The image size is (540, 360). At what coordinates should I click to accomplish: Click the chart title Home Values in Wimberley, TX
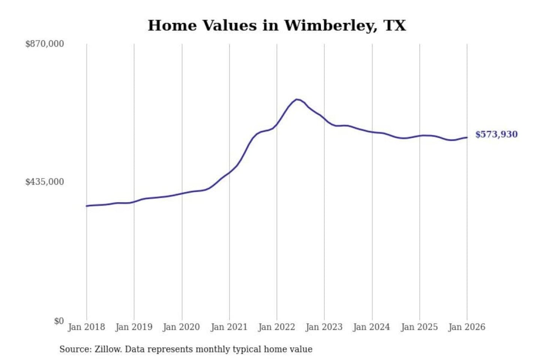tap(277, 25)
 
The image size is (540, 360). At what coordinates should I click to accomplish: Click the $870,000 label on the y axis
tap(45, 44)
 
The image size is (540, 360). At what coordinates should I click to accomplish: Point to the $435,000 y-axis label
tap(45, 182)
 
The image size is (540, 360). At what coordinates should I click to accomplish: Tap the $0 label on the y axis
tap(59, 321)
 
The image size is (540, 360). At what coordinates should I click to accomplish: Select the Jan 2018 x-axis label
tap(86, 327)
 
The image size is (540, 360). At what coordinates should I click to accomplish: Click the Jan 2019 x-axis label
tap(134, 327)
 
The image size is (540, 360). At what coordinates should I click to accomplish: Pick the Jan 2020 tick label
tap(181, 327)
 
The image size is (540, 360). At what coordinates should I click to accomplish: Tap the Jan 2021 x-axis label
tap(229, 327)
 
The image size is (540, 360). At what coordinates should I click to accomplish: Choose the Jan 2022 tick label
tap(277, 327)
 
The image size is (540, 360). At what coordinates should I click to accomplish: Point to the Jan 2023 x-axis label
tap(324, 327)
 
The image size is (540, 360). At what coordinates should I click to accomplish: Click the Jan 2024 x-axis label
tap(372, 327)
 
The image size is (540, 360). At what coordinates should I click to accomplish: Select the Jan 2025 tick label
tap(419, 327)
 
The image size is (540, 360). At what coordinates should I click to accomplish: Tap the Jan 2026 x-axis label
tap(467, 327)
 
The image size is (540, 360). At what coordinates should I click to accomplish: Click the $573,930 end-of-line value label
tap(496, 134)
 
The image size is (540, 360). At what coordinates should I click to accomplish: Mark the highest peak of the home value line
tap(297, 99)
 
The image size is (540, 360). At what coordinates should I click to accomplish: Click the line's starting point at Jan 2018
tap(87, 206)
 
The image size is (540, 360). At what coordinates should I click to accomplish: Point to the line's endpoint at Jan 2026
tap(467, 137)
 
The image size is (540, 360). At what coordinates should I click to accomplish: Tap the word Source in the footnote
tap(75, 349)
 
